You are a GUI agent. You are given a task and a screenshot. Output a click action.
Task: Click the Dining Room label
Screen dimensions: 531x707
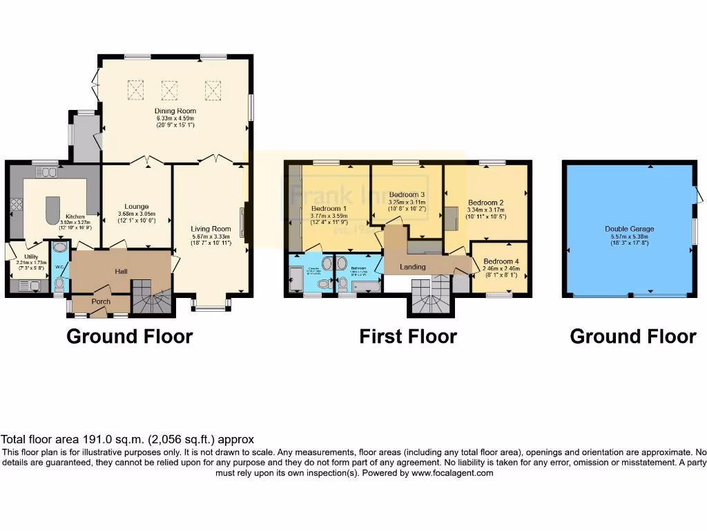tap(175, 111)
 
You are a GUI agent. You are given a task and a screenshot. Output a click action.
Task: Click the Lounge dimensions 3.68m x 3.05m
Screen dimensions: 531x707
tap(136, 214)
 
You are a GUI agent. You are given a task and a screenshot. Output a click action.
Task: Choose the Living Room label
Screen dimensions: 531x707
tap(211, 229)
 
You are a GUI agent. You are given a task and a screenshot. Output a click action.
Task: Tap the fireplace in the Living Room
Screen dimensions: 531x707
tap(242, 223)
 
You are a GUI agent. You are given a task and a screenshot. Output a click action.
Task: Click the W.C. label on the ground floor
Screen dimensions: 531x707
tap(59, 266)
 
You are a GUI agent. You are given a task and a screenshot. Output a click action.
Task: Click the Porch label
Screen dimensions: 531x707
tap(101, 301)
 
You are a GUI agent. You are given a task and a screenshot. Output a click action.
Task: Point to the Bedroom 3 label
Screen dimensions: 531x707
tap(406, 195)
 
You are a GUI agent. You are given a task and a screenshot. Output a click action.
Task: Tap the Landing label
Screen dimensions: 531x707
tap(413, 267)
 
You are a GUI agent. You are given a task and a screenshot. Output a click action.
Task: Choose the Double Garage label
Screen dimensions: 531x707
tap(629, 229)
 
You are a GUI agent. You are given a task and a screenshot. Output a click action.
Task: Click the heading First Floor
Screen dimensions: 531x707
tap(407, 337)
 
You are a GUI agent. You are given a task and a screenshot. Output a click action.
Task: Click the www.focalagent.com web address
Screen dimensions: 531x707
tap(452, 473)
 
